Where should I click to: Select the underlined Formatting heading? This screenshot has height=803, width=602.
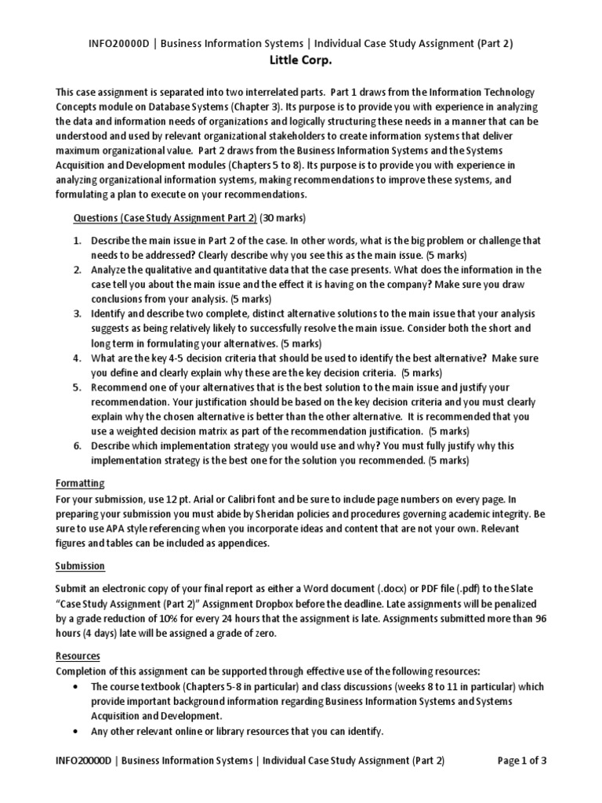click(x=80, y=483)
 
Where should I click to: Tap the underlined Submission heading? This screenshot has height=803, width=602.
click(x=80, y=565)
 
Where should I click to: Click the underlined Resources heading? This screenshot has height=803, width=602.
click(x=78, y=656)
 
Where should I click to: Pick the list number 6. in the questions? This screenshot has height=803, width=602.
click(x=78, y=445)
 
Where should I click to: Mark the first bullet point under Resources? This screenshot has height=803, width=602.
click(x=74, y=686)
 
